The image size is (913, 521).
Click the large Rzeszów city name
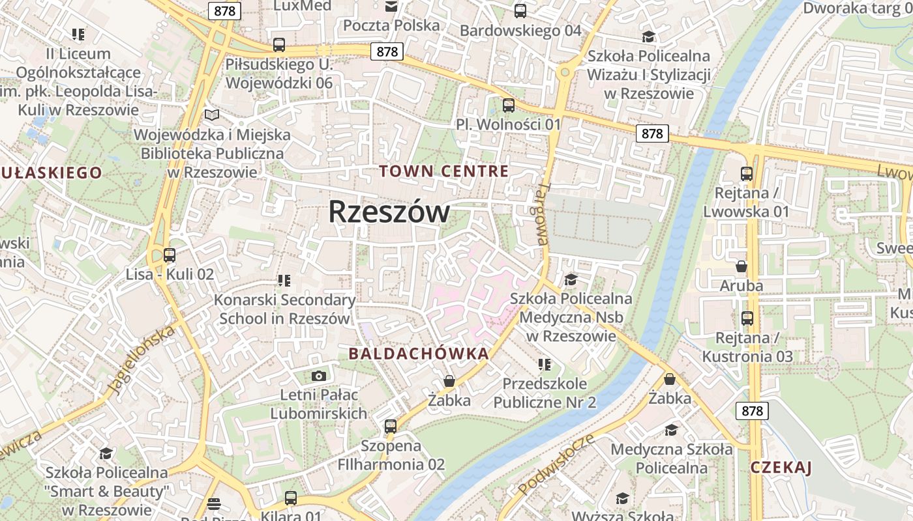pos(389,212)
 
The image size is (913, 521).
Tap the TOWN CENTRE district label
pos(443,171)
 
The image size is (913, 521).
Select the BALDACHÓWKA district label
pos(419,354)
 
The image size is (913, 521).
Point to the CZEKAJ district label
pos(781,467)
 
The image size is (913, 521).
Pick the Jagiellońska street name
pos(142,359)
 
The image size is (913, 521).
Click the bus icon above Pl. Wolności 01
pos(509,105)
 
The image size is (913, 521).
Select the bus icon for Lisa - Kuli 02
pos(170,255)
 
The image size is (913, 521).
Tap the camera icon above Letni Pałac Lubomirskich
pos(319,376)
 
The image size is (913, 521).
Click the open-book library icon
pos(212,115)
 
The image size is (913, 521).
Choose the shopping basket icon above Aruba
pos(741,266)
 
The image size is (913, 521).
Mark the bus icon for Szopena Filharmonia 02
pos(391,427)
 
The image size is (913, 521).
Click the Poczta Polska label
pos(391,25)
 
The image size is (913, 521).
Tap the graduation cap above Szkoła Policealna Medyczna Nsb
pos(571,279)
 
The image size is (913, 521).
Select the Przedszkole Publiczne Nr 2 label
pos(545,393)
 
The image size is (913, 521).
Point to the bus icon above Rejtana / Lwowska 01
pos(747,174)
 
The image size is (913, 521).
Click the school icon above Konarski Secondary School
pos(284,281)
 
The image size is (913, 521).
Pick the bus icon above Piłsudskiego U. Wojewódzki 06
pos(279,45)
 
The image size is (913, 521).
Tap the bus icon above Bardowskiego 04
pos(520,11)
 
